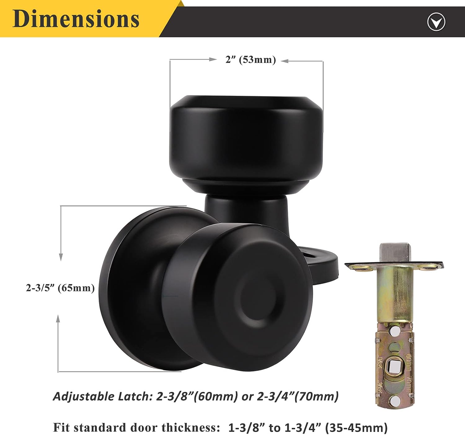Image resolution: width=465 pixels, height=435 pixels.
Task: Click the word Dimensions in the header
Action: point(76,19)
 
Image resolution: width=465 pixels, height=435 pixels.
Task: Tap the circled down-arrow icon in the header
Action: point(436,22)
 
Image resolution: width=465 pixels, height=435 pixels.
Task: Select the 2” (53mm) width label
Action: point(250,60)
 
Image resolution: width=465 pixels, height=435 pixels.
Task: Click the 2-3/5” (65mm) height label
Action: point(60,288)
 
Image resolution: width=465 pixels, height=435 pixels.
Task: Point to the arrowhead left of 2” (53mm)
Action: point(213,59)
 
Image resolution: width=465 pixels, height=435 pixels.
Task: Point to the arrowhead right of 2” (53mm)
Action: point(285,61)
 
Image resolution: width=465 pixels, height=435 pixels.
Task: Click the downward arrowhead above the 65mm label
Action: point(61,257)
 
